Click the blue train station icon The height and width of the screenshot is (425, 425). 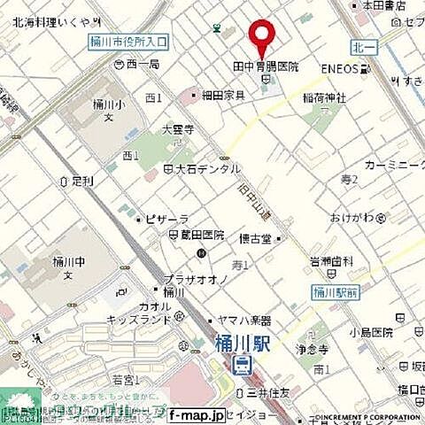(242, 363)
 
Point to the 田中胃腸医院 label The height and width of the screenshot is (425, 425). (266, 66)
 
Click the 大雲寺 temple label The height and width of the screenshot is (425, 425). (152, 128)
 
